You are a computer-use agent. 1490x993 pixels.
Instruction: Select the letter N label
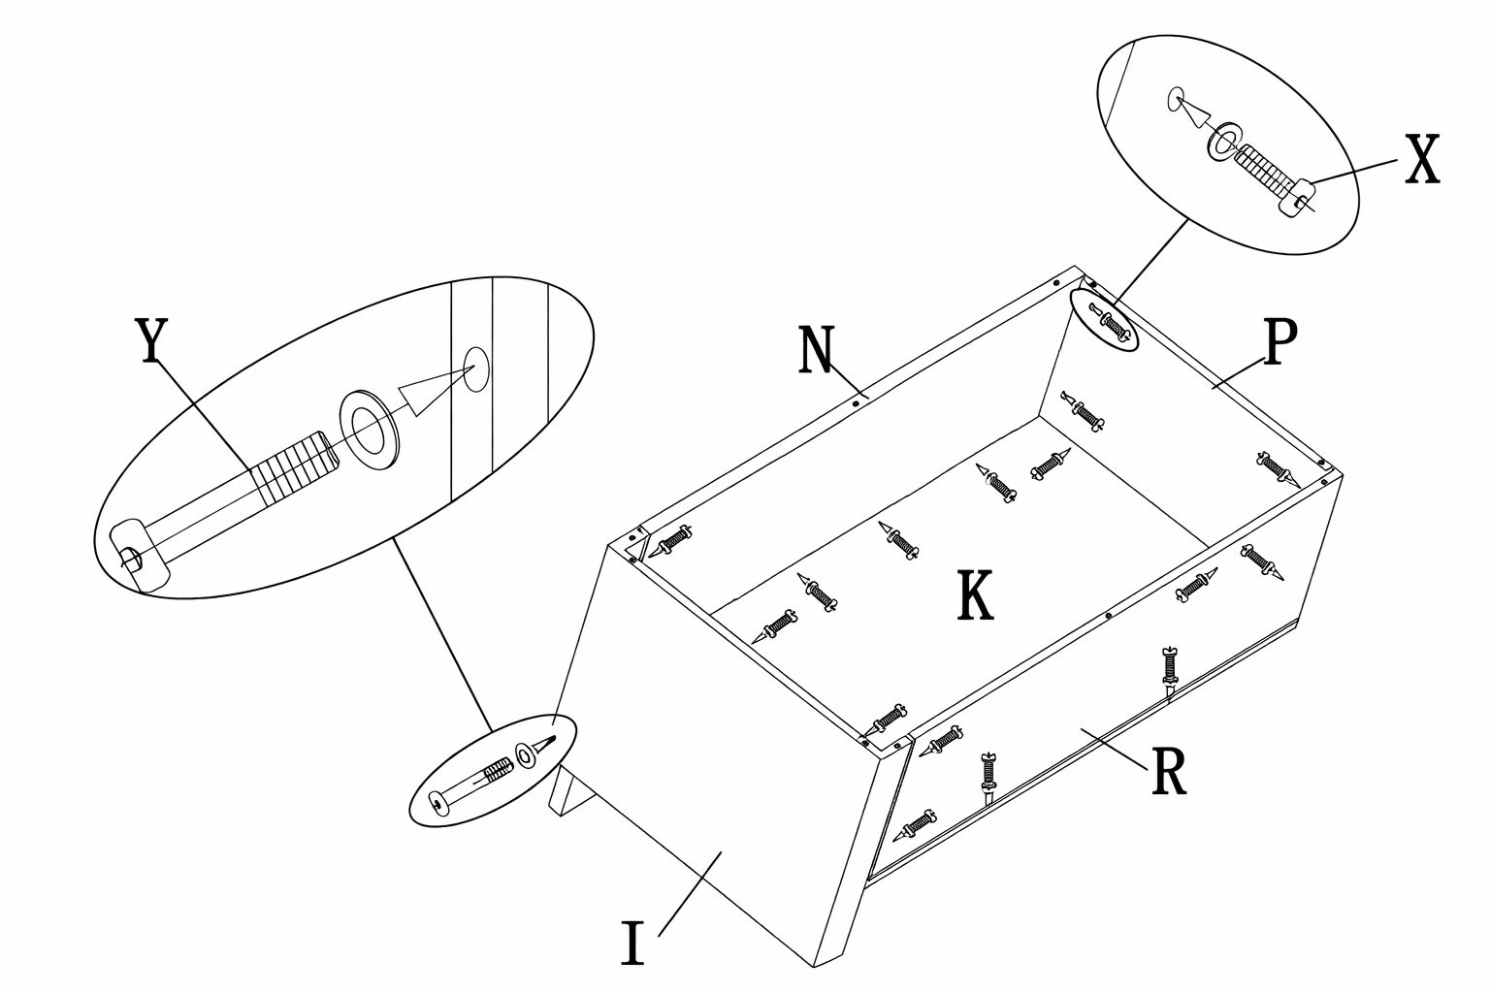[x=816, y=350]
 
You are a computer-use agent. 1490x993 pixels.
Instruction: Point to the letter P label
[x=1280, y=343]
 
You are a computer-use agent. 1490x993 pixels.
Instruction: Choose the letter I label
[x=632, y=944]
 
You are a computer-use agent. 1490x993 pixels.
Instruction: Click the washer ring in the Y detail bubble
[x=370, y=426]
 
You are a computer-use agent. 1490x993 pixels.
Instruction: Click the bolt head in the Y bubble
[x=140, y=554]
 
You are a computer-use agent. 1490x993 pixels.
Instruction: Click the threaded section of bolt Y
[x=292, y=468]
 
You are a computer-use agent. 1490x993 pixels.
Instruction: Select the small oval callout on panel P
[x=1105, y=320]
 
